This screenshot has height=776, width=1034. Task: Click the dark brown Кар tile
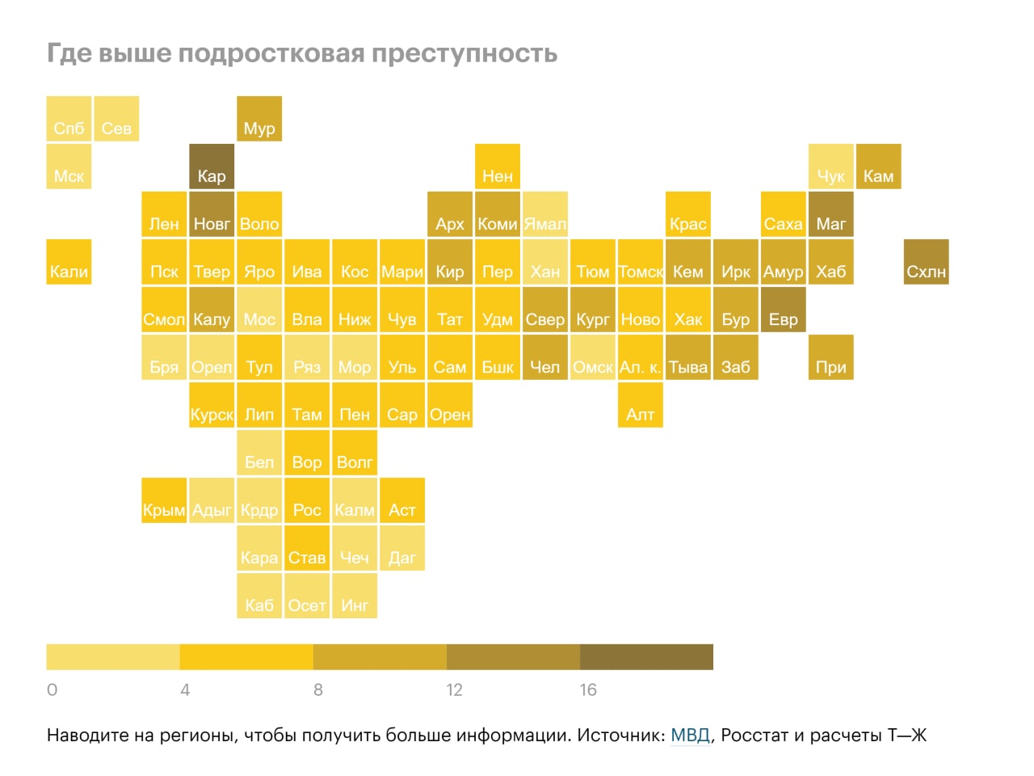pos(212,167)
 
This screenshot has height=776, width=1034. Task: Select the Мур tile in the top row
pos(259,119)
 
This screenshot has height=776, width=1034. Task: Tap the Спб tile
pos(69,119)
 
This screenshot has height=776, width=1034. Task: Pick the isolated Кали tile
pos(69,261)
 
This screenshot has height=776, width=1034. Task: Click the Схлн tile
pos(926,261)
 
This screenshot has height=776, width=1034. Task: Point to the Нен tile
pos(498,167)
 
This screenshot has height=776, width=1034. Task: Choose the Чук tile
pos(831,167)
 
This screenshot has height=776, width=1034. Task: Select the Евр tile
pos(784,310)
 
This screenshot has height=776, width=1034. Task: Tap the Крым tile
pos(164,500)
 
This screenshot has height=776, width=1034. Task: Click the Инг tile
pos(355,595)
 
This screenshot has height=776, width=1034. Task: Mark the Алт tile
pos(640,405)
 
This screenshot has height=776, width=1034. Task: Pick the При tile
pos(831,357)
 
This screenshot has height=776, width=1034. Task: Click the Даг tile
pos(402,548)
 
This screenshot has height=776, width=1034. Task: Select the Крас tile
pos(687,214)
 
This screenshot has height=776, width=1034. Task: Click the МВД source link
pos(690,735)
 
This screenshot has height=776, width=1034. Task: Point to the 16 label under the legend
pos(588,690)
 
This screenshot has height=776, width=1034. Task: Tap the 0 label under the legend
pos(53,690)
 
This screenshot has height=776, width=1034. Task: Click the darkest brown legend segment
pos(646,657)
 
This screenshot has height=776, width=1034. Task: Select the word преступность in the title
pos(464,53)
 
